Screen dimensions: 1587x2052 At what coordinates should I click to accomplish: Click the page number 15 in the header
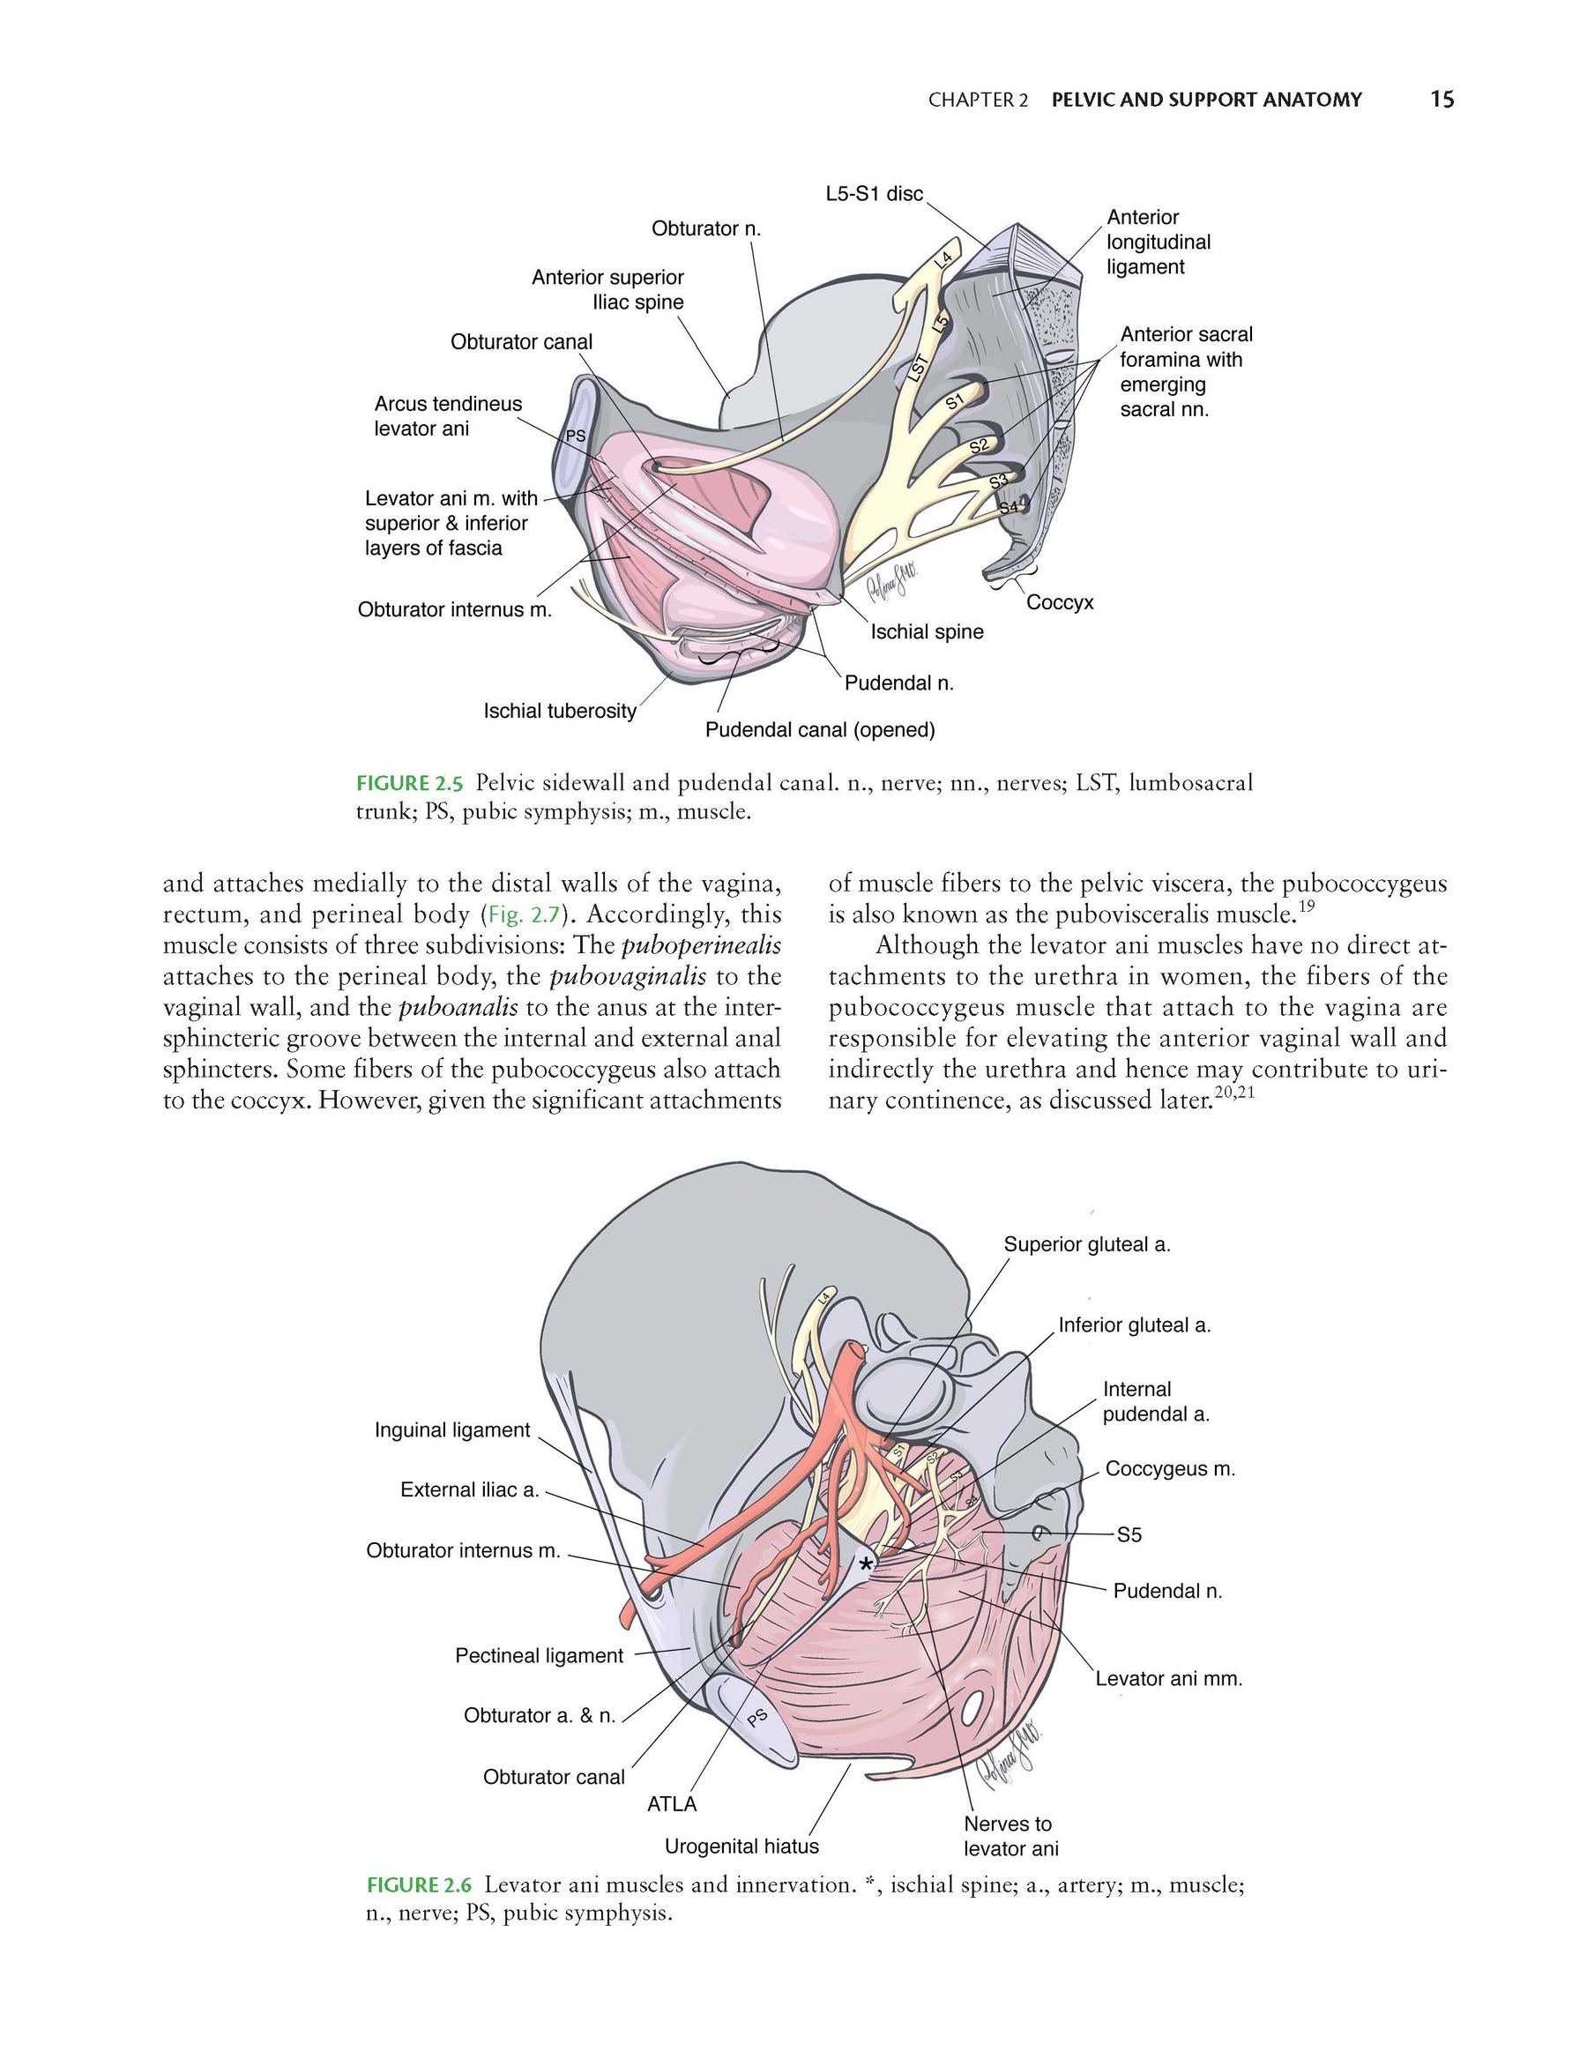(1442, 100)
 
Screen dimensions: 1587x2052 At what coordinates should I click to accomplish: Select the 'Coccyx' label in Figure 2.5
(1060, 602)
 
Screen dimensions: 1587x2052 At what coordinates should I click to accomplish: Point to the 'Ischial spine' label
(927, 632)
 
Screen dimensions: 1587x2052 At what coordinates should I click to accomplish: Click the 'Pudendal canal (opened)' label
(820, 730)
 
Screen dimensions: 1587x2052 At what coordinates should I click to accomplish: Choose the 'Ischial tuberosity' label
(560, 712)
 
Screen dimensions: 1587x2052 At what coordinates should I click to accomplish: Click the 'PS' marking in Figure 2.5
(575, 436)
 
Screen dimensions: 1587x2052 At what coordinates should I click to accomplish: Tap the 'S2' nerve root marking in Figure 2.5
(979, 446)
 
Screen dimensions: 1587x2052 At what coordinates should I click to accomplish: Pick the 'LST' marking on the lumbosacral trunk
(919, 369)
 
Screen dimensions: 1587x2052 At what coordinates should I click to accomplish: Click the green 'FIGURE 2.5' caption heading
(410, 783)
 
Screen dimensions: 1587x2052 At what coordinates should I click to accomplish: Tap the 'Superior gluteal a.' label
(1087, 1245)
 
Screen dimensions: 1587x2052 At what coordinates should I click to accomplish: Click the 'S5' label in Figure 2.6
(1129, 1535)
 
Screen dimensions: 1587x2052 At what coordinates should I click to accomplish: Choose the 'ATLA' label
(672, 1804)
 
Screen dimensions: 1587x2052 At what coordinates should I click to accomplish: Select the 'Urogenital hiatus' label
(742, 1847)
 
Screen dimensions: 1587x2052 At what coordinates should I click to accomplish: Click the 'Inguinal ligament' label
(452, 1430)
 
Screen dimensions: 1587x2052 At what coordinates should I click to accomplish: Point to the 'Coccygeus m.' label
(1170, 1468)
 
